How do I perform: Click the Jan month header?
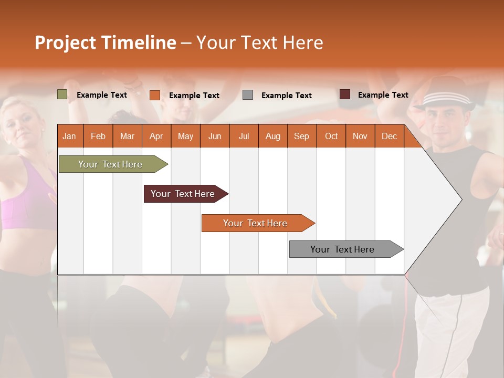click(x=69, y=136)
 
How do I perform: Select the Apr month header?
click(x=156, y=136)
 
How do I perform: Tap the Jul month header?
click(x=244, y=136)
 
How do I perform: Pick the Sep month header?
click(x=301, y=136)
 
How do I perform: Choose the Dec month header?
click(x=389, y=136)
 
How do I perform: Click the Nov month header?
click(x=360, y=136)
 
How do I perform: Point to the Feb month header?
click(x=98, y=136)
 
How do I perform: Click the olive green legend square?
click(x=62, y=94)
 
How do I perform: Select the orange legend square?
click(x=154, y=95)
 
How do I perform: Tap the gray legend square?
click(x=248, y=95)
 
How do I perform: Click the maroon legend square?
click(x=345, y=94)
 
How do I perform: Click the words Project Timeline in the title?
click(x=105, y=43)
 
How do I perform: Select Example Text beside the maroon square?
click(x=383, y=95)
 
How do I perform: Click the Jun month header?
click(x=215, y=136)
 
